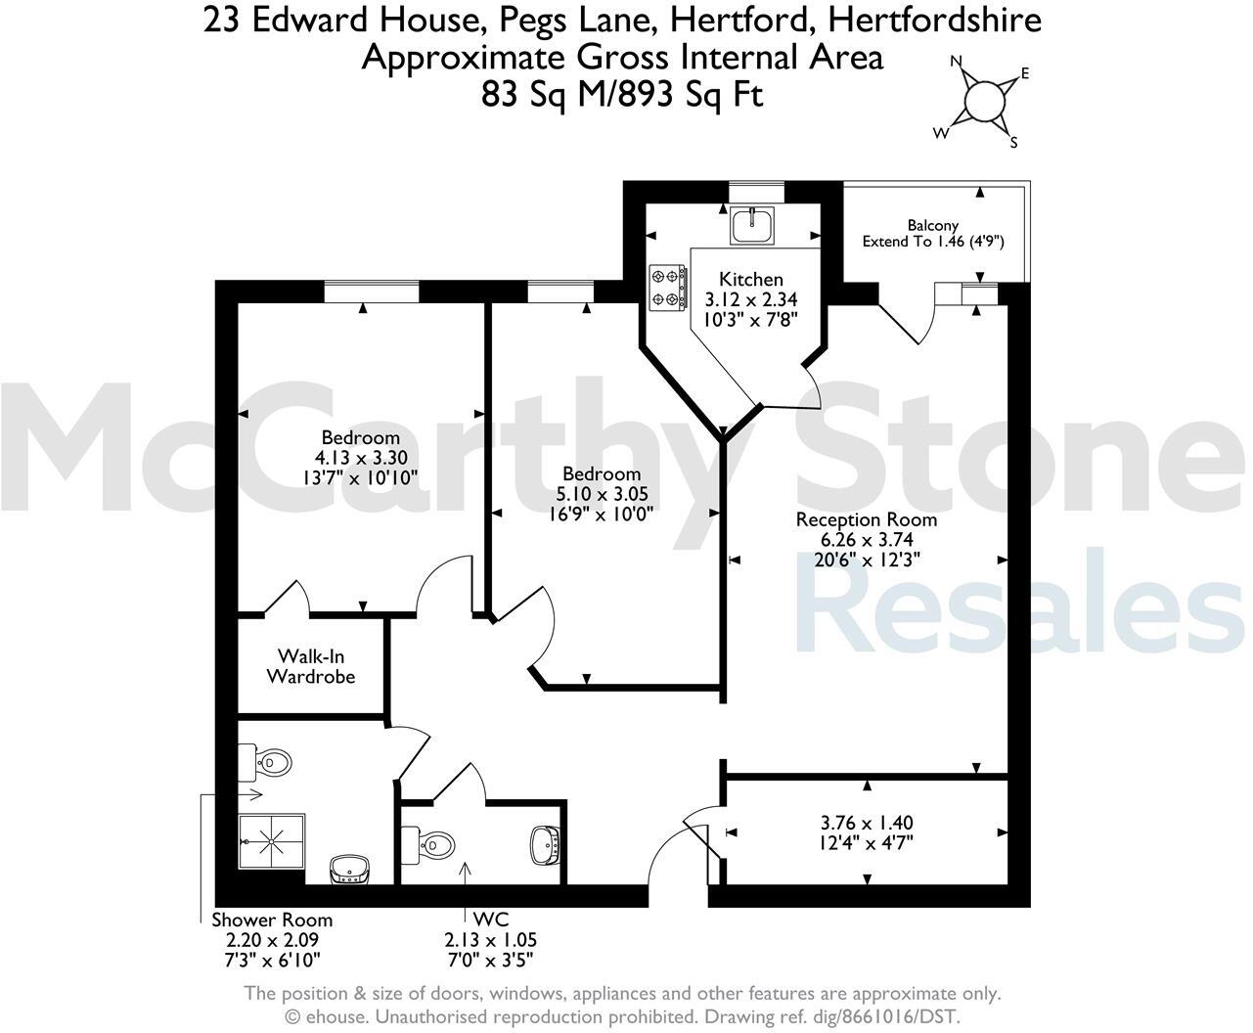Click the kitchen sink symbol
click(752, 226)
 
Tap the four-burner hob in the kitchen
click(667, 289)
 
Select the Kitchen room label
click(751, 280)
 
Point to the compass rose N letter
click(957, 62)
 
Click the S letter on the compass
click(1013, 143)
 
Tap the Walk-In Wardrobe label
click(311, 666)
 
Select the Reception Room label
click(866, 519)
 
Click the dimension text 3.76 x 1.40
click(867, 823)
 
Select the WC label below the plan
click(490, 920)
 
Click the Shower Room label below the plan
click(272, 920)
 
